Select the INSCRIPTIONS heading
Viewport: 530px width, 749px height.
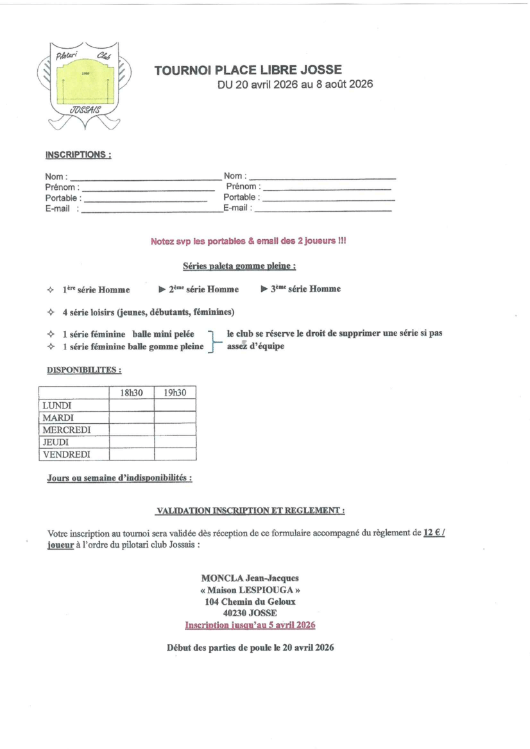tap(78, 155)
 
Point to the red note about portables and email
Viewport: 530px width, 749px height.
tap(248, 242)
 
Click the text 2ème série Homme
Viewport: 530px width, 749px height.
tap(203, 289)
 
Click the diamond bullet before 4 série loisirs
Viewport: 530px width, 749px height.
tap(51, 313)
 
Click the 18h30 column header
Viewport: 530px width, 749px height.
tap(132, 392)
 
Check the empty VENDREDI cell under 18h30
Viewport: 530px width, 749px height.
tap(132, 455)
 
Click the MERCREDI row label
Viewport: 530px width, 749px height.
tap(67, 430)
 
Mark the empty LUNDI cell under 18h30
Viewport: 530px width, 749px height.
tap(132, 405)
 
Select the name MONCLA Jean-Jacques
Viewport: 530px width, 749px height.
tap(250, 578)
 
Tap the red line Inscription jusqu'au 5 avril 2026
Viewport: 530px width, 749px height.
tap(250, 624)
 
